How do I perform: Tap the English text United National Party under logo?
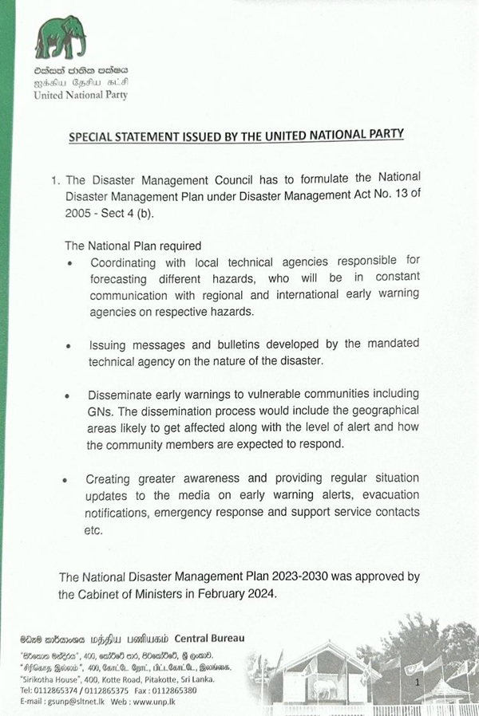click(81, 95)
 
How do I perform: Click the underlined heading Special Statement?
click(236, 136)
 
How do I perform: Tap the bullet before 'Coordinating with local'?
click(72, 263)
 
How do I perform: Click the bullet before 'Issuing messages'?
click(72, 346)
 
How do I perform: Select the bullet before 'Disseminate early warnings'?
click(72, 396)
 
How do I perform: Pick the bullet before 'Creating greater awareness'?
click(72, 479)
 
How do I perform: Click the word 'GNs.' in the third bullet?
click(101, 411)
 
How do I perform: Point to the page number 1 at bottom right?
click(418, 683)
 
